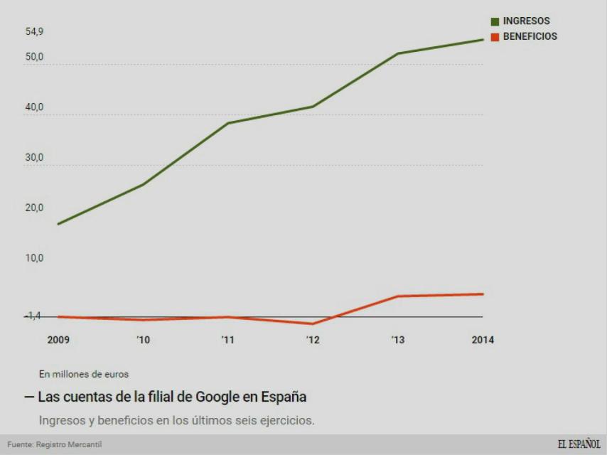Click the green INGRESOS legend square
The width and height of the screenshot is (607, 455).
495,21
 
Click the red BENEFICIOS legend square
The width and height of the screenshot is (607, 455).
495,37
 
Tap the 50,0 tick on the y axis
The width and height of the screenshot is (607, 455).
34,57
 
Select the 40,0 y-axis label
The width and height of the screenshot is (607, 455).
34,107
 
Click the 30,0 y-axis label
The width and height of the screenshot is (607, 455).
34,158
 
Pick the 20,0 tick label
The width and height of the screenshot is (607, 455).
34,208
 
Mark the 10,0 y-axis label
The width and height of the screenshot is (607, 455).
34,258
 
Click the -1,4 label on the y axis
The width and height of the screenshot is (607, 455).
33,316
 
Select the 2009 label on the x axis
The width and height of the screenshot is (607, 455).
58,340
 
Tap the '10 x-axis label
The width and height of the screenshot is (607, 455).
143,340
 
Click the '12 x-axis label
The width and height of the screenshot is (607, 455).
313,340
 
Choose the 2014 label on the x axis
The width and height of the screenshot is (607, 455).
483,340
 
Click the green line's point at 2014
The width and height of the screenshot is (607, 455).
483,40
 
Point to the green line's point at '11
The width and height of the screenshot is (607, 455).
227,123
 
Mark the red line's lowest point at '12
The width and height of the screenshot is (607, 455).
313,324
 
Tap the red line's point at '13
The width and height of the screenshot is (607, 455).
397,296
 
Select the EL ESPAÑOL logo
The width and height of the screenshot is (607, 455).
579,444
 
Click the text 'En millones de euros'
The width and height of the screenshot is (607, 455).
84,374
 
